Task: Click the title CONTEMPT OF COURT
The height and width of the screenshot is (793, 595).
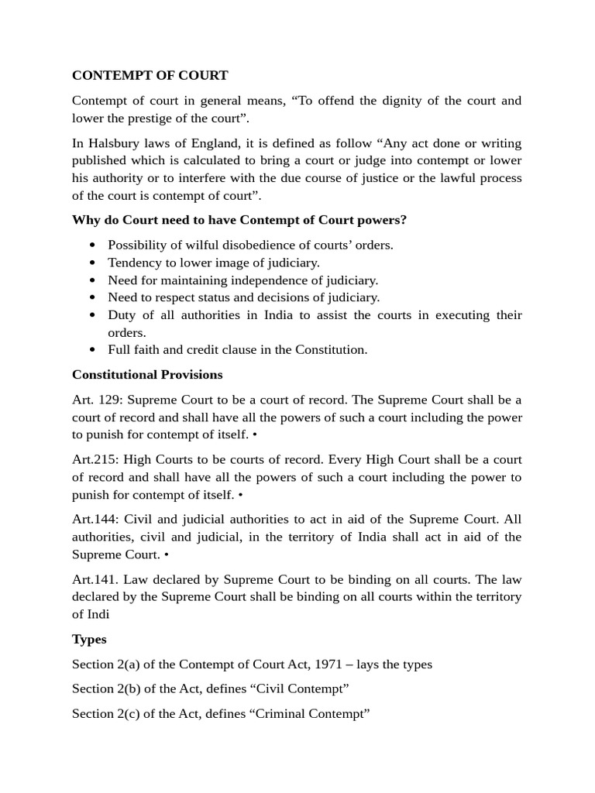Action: click(150, 75)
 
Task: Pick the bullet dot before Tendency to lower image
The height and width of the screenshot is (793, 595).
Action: click(93, 263)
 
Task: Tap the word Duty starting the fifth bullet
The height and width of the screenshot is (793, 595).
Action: click(121, 314)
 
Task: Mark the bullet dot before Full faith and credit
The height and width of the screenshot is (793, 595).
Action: click(93, 349)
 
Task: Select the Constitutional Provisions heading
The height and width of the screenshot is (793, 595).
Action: click(147, 375)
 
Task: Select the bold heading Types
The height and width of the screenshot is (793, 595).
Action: click(89, 639)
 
